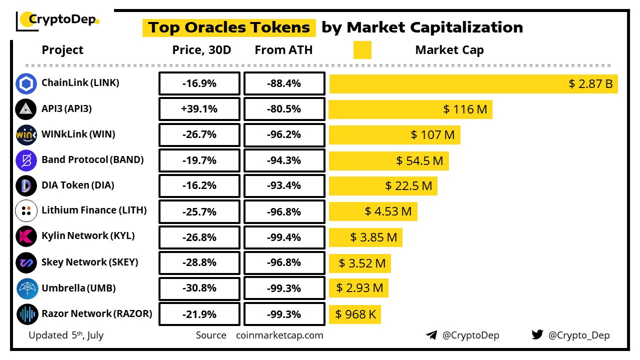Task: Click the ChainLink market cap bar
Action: pos(473,83)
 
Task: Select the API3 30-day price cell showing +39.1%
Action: pos(199,109)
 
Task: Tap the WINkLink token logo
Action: pos(26,134)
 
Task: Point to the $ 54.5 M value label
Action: pos(419,160)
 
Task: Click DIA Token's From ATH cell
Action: pos(284,185)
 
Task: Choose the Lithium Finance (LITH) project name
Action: pos(94,210)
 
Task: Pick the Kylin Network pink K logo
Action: pos(26,236)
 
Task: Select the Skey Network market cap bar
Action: pos(359,263)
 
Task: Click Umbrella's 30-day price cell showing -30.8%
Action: pos(199,288)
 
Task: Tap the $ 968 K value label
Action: pos(355,314)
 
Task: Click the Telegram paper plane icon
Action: pos(431,335)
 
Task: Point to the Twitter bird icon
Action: pos(537,335)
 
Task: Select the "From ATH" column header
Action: pos(283,50)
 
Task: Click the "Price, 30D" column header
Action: pos(201,50)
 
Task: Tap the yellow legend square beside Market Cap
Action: pos(362,50)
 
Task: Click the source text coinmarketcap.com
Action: pos(279,335)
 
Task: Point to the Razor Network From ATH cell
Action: pos(284,314)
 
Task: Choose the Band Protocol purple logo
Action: pos(26,160)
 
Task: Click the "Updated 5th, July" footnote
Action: pos(66,335)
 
